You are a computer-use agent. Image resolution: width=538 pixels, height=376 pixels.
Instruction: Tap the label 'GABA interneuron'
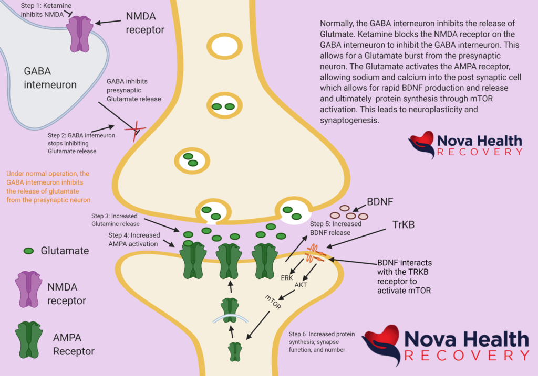50,78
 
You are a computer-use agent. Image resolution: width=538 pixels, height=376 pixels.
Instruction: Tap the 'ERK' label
287,277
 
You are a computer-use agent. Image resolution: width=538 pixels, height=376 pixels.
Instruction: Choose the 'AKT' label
301,285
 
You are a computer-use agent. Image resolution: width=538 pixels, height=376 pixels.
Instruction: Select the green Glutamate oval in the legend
30,251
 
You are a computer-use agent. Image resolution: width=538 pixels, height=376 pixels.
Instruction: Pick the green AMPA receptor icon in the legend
29,339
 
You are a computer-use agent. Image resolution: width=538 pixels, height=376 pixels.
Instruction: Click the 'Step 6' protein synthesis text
321,341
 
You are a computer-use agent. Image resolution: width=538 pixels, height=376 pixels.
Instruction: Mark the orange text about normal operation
48,186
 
